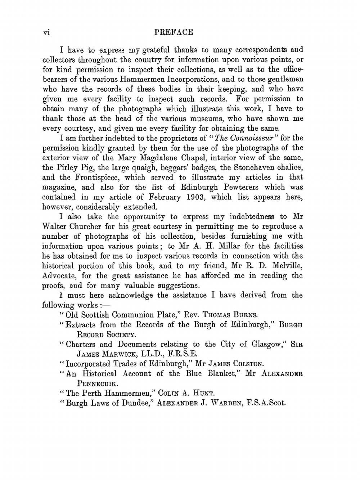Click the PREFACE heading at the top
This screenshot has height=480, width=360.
[174, 32]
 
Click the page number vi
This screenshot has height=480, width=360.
[46, 33]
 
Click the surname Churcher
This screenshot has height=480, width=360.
[84, 226]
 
